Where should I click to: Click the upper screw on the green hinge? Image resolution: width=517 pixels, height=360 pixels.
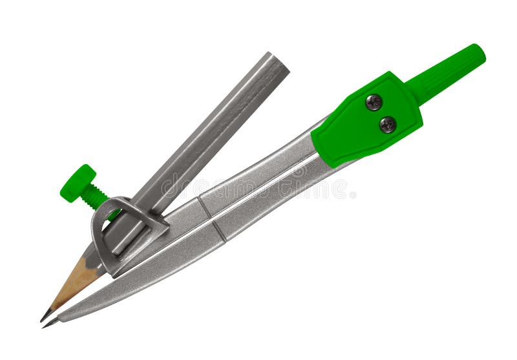tap(374, 102)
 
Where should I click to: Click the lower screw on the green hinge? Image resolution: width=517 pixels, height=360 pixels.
tap(388, 124)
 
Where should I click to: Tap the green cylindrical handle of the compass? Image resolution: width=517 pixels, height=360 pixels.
tap(445, 72)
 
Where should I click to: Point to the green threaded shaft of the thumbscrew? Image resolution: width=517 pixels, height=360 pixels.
tap(96, 195)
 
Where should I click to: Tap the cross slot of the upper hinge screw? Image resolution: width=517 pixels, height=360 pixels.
tap(374, 102)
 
